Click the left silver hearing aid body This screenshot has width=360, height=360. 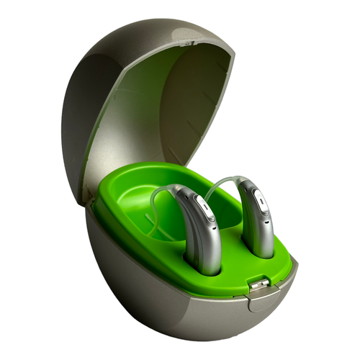[201, 238]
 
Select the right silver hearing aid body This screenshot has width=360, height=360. [258, 220]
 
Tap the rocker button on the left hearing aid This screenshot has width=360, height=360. [207, 212]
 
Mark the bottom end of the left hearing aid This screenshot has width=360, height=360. [205, 270]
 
